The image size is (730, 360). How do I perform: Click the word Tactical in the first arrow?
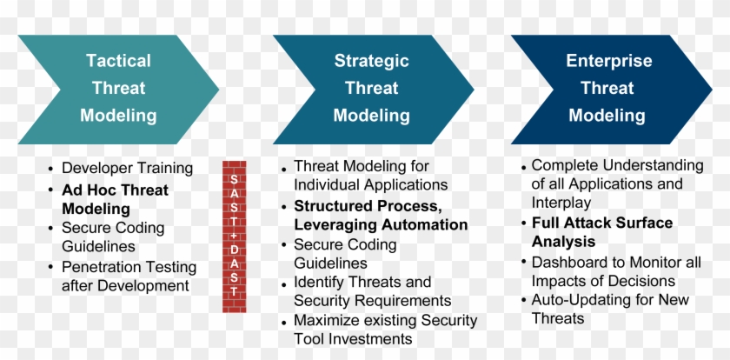[118, 61]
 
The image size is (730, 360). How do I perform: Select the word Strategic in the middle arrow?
[371, 61]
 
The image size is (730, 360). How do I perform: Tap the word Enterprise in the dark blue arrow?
[607, 61]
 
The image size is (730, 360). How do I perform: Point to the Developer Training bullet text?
[127, 168]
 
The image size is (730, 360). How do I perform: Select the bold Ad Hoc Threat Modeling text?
[115, 199]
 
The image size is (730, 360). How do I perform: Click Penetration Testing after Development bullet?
[129, 276]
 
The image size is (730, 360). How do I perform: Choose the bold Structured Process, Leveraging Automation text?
[380, 215]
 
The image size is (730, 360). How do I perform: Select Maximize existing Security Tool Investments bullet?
[385, 329]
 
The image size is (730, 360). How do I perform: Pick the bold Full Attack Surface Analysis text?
[601, 232]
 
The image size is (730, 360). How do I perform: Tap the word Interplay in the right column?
[561, 203]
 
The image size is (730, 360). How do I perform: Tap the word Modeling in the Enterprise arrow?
[607, 115]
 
